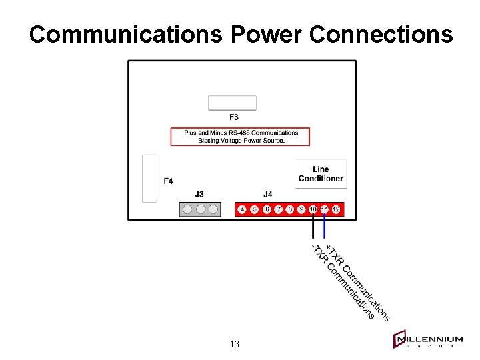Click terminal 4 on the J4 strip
[242, 209]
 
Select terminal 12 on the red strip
[336, 209]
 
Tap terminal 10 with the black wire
[313, 209]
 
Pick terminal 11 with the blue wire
[325, 209]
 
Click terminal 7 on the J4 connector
[277, 209]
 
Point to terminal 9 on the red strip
[301, 209]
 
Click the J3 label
[199, 194]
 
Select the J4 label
[267, 194]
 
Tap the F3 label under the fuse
[234, 117]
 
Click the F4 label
[169, 181]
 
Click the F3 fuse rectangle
[232, 103]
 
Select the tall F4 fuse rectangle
[150, 178]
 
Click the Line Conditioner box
[321, 173]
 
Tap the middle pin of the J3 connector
[200, 209]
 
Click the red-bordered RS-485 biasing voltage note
[241, 137]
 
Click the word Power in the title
[266, 34]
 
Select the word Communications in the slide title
[125, 34]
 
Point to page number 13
[234, 344]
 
